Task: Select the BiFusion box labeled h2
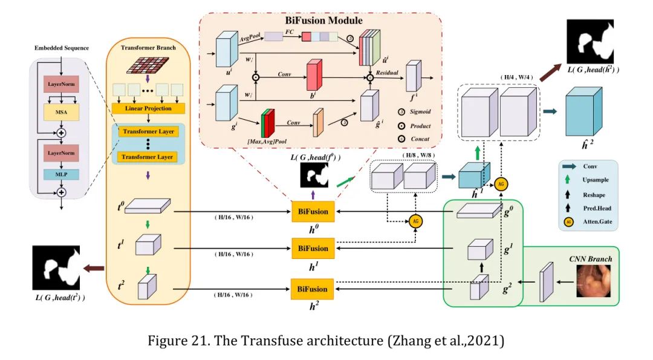(313, 289)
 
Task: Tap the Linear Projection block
(148, 108)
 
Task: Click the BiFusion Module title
(323, 21)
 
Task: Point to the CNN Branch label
(590, 258)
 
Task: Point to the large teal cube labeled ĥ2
(583, 114)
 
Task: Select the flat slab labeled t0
(149, 208)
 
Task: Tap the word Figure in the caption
(168, 341)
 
